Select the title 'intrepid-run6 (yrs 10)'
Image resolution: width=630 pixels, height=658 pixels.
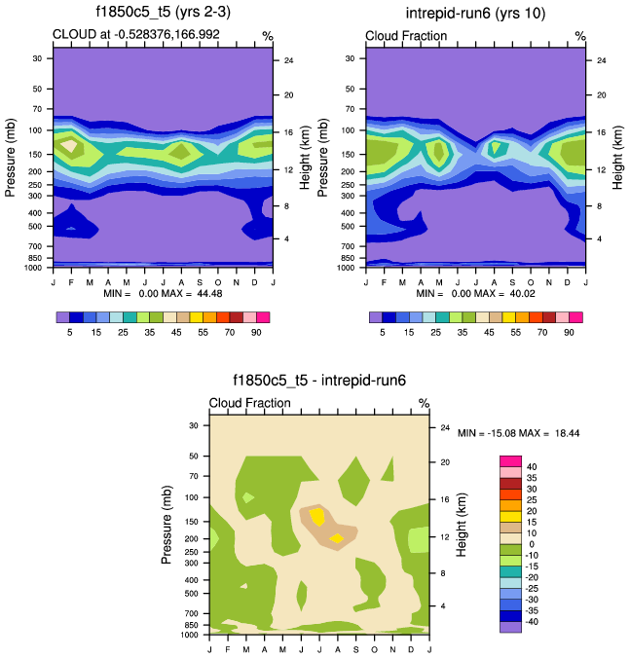(x=475, y=13)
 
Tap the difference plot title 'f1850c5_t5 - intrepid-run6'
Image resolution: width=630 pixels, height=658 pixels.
(x=318, y=381)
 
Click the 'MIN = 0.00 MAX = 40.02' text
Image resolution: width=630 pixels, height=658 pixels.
(x=475, y=292)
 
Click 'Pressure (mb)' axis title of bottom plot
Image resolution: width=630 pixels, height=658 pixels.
(x=167, y=527)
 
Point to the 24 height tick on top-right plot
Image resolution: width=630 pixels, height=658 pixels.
(x=601, y=60)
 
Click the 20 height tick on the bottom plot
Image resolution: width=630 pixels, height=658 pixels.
(x=444, y=462)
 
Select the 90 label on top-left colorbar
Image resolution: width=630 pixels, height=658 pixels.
(x=253, y=333)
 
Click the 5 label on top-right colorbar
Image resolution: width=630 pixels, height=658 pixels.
(x=383, y=333)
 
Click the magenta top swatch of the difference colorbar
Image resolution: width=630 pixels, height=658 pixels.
(x=511, y=459)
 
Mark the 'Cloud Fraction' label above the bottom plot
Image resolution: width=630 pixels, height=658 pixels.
(x=249, y=403)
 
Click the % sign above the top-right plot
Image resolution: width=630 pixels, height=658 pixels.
(x=579, y=36)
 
